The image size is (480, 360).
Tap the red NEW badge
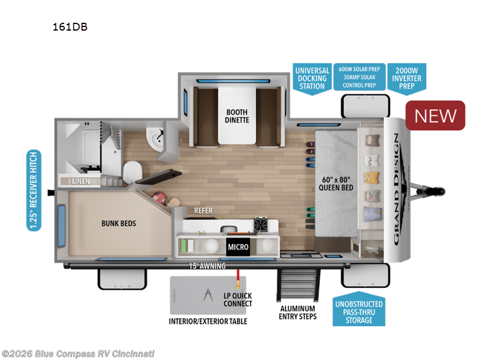coord(436,115)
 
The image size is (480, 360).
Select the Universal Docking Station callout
coord(311,78)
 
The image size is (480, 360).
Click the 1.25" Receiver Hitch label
coord(34,190)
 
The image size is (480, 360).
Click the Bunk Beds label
coord(118,224)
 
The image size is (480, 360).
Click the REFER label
coord(203,211)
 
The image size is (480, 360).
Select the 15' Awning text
coord(207,266)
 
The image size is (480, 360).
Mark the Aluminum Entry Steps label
coord(298,312)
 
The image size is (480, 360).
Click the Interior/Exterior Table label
coord(208,321)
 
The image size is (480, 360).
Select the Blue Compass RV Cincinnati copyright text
coord(78,353)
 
